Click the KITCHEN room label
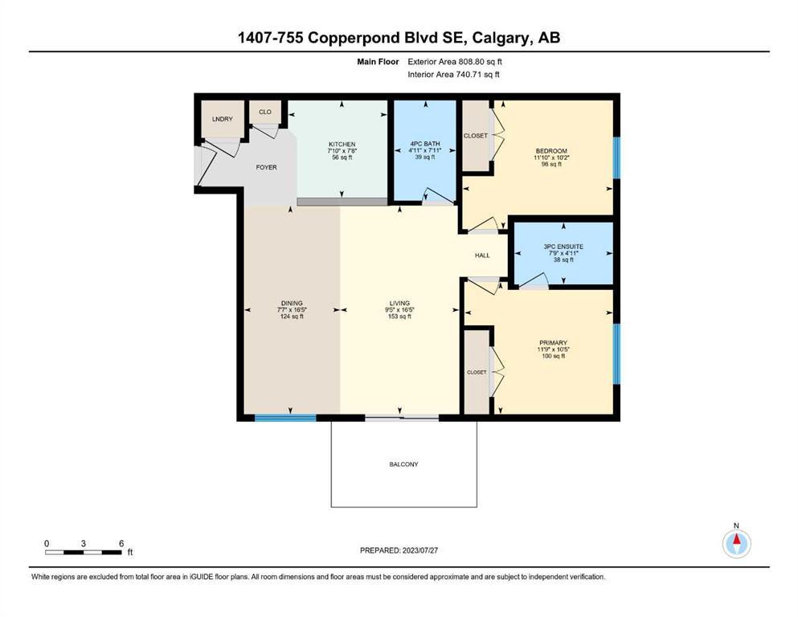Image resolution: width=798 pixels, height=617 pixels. (342, 145)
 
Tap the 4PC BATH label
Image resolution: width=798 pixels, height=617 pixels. (425, 144)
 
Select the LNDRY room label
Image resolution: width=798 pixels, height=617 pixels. (223, 119)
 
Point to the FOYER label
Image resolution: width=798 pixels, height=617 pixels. (266, 167)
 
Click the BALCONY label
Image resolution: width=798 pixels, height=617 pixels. (403, 464)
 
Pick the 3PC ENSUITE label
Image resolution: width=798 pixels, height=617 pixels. (563, 247)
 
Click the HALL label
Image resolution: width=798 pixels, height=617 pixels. (482, 255)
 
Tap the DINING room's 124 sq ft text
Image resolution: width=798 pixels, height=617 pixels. (292, 317)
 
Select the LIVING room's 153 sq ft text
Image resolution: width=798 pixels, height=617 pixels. (399, 317)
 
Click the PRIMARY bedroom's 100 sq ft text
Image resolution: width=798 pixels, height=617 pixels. (553, 356)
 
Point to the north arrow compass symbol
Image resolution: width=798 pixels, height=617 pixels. (736, 543)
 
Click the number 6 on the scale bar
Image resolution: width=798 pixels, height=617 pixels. (121, 543)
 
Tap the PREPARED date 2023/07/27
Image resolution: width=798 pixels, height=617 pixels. (419, 550)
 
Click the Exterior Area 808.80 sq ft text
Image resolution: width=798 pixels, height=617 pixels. (455, 62)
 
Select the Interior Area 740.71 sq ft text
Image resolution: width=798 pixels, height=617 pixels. (453, 74)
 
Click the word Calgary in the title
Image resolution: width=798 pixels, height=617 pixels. (501, 38)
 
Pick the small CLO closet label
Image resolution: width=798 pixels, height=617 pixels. (265, 112)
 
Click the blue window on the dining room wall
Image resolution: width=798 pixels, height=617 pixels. (285, 418)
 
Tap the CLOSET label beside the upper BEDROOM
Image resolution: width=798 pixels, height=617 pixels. (476, 136)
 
